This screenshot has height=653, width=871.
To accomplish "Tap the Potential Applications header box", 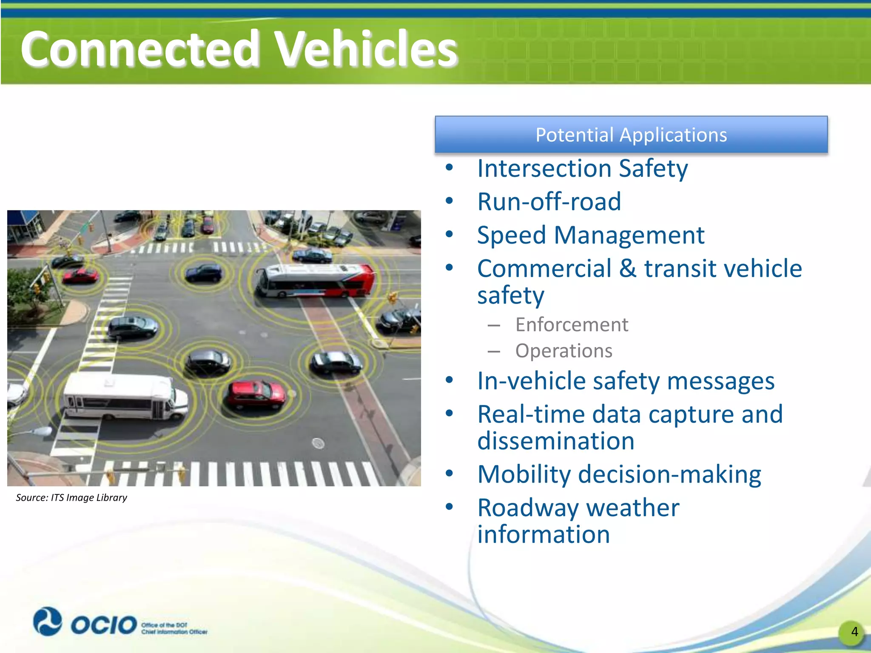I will tap(631, 135).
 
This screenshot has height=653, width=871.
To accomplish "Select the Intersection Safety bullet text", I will tap(582, 168).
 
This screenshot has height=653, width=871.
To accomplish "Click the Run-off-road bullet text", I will tap(549, 202).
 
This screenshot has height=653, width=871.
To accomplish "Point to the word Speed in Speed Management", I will tap(511, 235).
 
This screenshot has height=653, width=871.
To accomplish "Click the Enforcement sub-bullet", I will tap(571, 325).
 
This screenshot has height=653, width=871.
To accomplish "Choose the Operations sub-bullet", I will tap(564, 351).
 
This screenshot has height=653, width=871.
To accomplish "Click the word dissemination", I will tap(555, 441).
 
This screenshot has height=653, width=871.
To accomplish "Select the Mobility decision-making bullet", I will tap(619, 474).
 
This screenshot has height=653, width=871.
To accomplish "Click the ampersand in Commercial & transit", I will tap(628, 269).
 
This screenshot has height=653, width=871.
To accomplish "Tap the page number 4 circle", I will tap(854, 632).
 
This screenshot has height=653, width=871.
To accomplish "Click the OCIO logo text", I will tap(103, 625).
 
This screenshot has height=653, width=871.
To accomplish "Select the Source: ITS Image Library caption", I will tap(71, 497).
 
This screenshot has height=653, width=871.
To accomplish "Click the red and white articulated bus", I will tap(316, 280).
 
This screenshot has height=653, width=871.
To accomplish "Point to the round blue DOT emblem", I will tap(48, 621).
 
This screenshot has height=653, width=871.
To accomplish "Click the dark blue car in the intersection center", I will tap(204, 273).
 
